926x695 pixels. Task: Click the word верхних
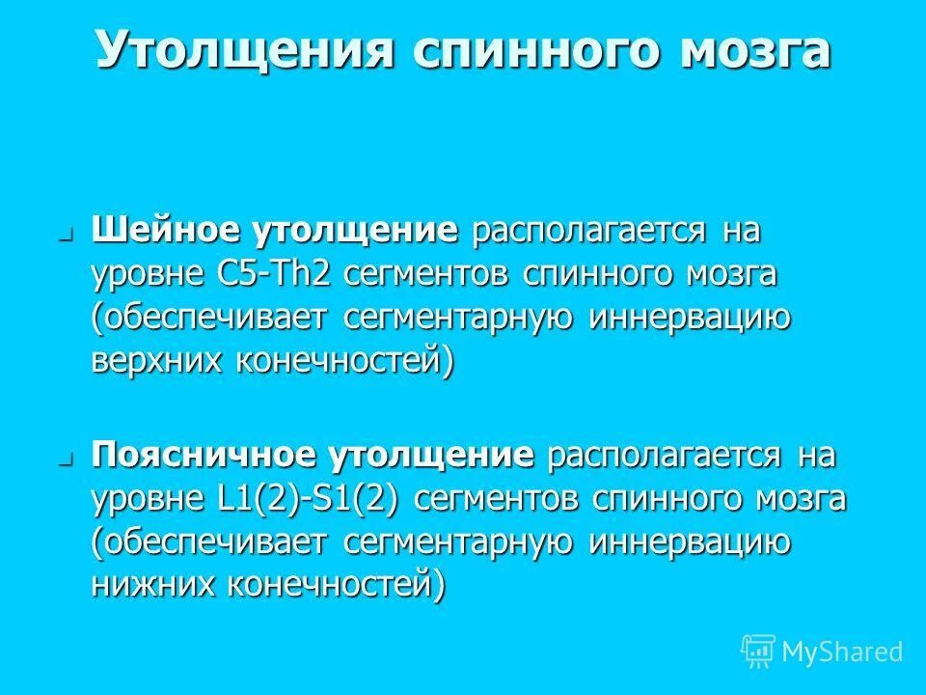(x=153, y=360)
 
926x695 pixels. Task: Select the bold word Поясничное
(x=206, y=457)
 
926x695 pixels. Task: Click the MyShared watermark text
(x=842, y=652)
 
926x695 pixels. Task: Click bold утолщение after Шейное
(x=355, y=232)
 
